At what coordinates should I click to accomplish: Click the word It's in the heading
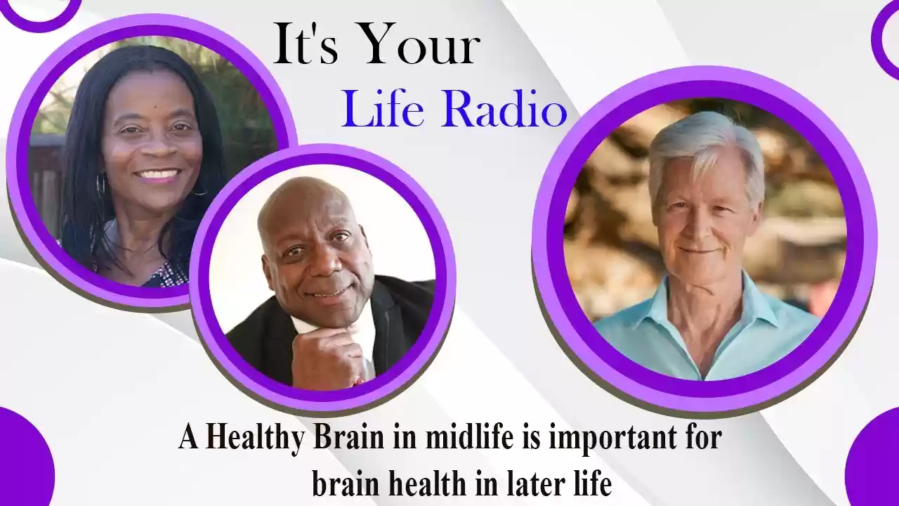306,44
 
